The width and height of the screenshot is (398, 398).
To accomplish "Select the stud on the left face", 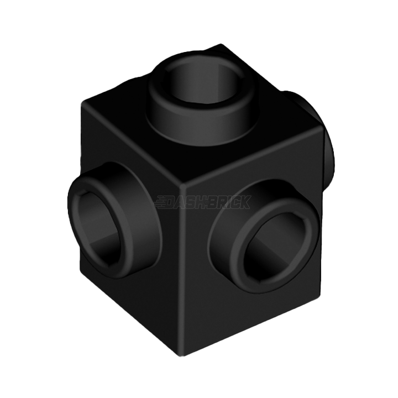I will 113,221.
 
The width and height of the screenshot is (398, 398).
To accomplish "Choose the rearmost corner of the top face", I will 221,44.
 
